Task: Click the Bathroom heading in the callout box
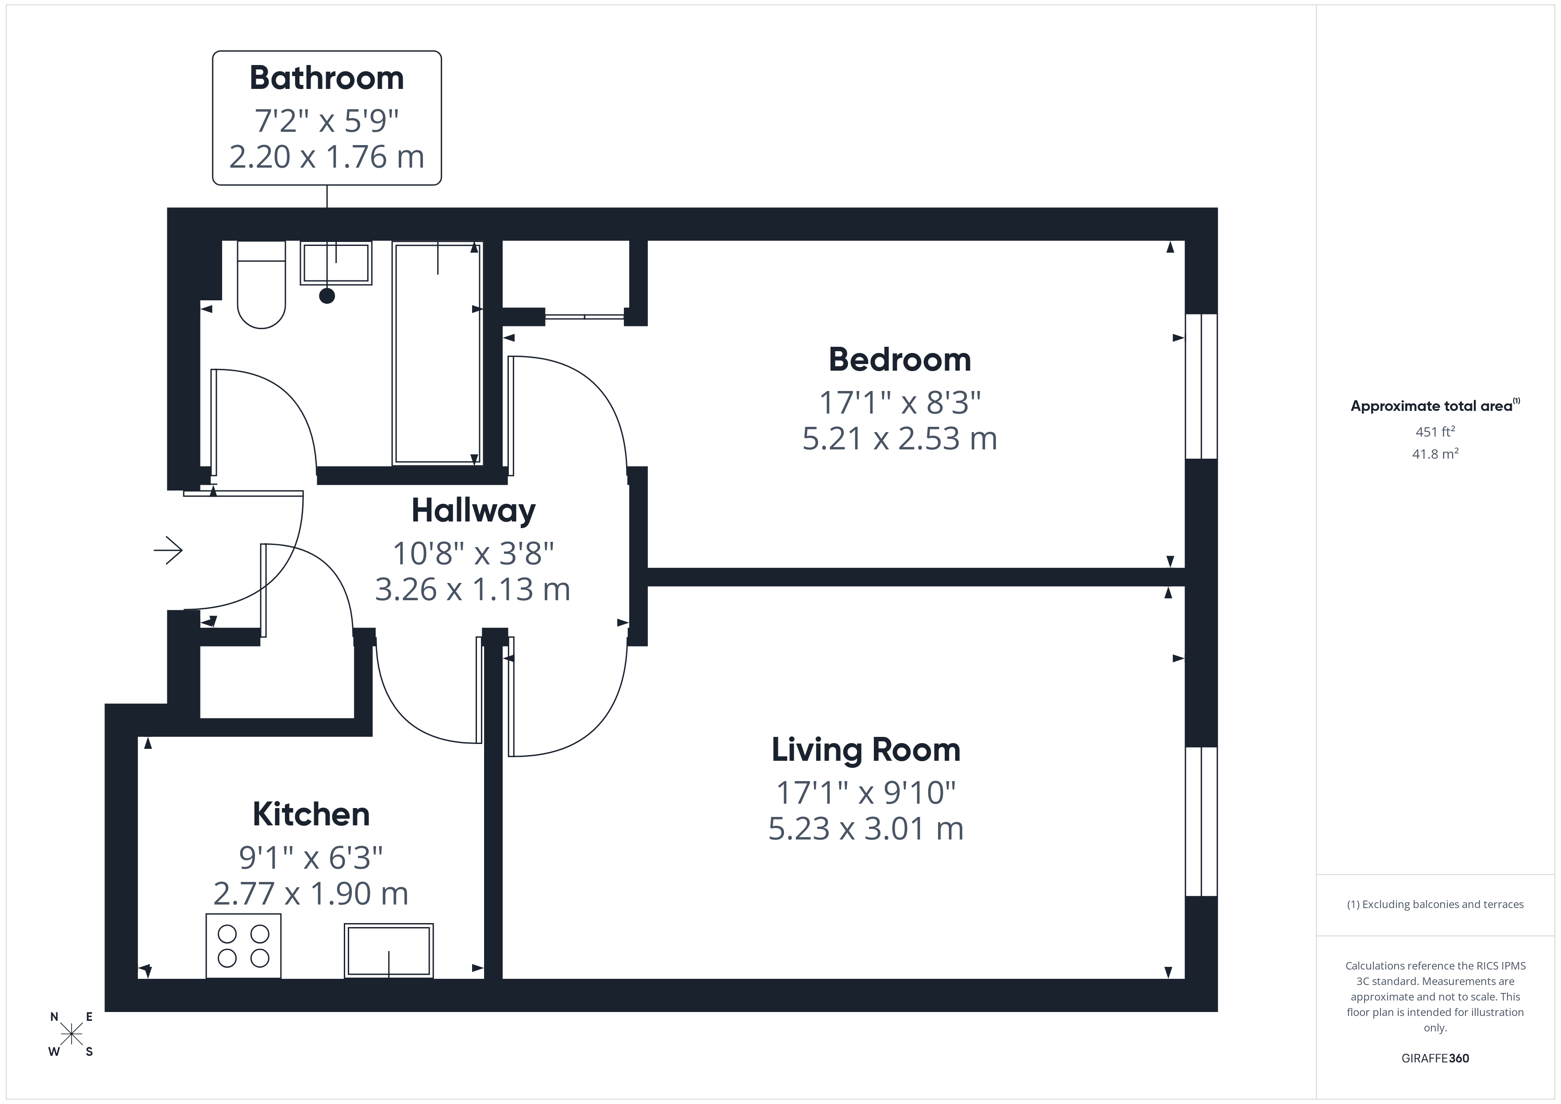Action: click(327, 78)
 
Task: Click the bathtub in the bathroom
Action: click(437, 353)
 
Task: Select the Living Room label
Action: click(865, 750)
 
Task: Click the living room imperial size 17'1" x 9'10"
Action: click(865, 792)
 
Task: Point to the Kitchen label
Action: click(311, 814)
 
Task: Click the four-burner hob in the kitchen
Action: click(243, 946)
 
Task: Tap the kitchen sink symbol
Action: click(388, 951)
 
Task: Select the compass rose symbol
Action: click(71, 1035)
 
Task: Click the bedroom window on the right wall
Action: click(1201, 386)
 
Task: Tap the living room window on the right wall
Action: click(1201, 821)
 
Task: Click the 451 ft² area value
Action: click(1434, 432)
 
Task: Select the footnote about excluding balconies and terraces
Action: click(1434, 904)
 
